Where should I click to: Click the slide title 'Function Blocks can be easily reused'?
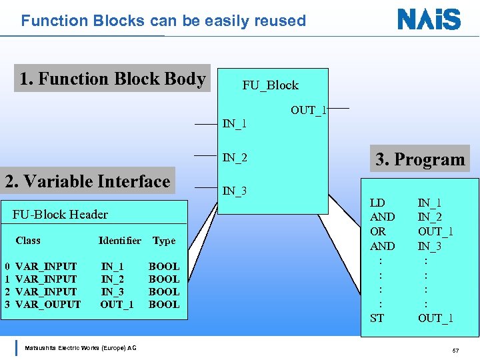(x=163, y=21)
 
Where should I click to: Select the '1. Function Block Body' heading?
(x=112, y=79)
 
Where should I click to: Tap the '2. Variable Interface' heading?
(x=87, y=181)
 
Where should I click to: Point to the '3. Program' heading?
(x=420, y=159)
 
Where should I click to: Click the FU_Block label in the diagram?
(x=270, y=85)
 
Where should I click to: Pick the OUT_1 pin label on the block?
(x=308, y=110)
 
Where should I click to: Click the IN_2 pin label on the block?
(x=235, y=158)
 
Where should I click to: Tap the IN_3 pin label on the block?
(x=235, y=191)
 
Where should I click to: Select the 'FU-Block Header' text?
(x=60, y=214)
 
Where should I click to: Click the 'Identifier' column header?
(x=119, y=241)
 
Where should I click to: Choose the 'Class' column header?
(x=28, y=241)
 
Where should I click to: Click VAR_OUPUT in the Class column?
(x=47, y=305)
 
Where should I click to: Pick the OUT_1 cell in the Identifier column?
(x=117, y=305)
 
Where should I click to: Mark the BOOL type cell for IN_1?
(x=164, y=267)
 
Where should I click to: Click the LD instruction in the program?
(x=377, y=202)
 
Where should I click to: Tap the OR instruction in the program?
(x=377, y=231)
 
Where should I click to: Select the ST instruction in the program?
(x=377, y=318)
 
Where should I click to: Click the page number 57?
(x=455, y=351)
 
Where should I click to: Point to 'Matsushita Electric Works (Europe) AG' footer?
(x=80, y=348)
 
